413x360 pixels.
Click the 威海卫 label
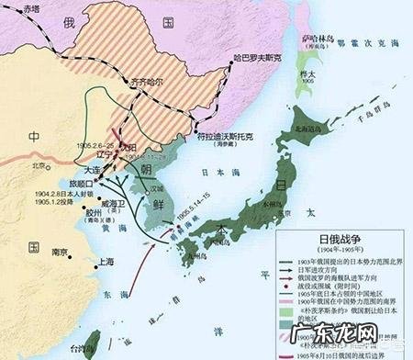pos(109,201)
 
